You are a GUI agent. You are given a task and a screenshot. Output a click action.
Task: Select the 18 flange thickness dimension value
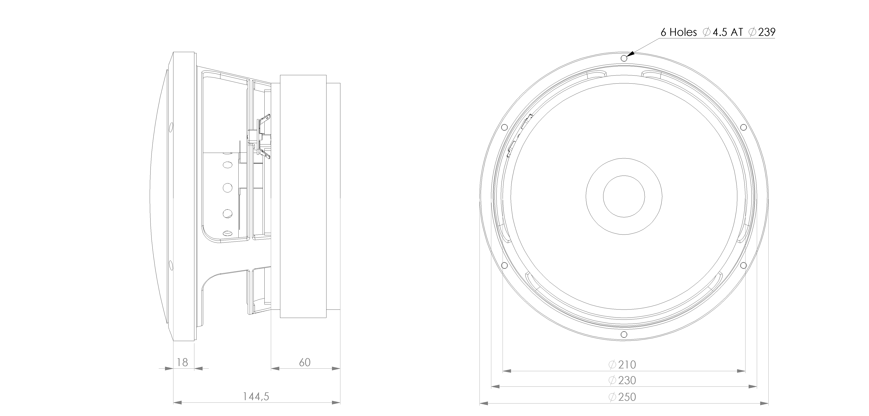(x=182, y=362)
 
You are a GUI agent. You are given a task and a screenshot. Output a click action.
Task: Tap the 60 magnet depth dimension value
(x=305, y=362)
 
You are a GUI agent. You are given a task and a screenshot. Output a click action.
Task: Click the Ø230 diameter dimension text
(x=622, y=380)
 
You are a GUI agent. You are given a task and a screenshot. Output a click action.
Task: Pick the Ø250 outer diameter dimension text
(x=622, y=397)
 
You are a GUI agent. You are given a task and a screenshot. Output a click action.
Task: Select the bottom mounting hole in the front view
(x=624, y=335)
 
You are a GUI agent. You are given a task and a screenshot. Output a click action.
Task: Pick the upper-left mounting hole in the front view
(x=504, y=127)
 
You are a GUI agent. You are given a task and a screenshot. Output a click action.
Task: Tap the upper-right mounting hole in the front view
(x=743, y=127)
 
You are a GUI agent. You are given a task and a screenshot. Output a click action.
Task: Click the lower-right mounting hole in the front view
(x=743, y=265)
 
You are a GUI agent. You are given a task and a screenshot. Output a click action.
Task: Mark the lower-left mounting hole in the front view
(x=504, y=265)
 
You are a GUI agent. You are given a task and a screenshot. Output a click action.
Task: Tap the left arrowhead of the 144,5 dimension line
(x=178, y=402)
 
